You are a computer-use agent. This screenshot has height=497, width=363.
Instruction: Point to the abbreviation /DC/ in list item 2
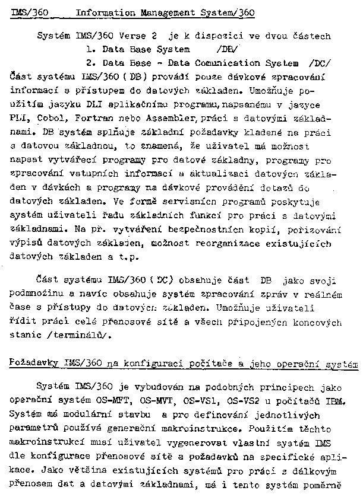pyautogui.click(x=321, y=63)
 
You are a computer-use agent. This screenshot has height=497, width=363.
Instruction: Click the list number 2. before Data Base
pyautogui.click(x=90, y=63)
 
